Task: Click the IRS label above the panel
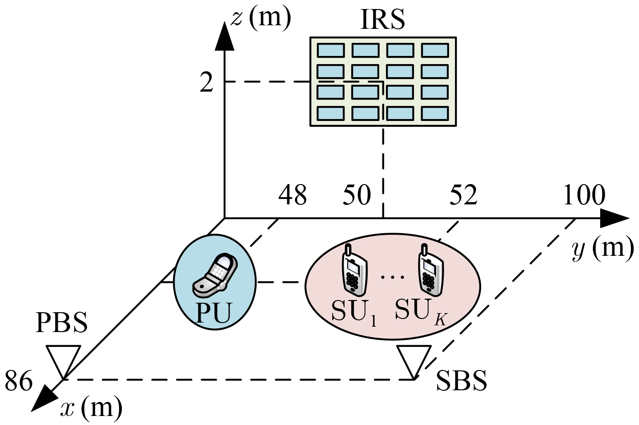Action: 382,20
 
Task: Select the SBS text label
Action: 461,380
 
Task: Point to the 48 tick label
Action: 293,195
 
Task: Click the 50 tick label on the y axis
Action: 357,195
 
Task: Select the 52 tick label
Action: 463,195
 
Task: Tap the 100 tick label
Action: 584,195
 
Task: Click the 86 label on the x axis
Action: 19,381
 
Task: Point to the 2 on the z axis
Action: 206,83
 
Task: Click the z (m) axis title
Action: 261,18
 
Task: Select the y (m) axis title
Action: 602,248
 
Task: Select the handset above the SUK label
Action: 429,270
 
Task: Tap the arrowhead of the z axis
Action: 224,34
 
